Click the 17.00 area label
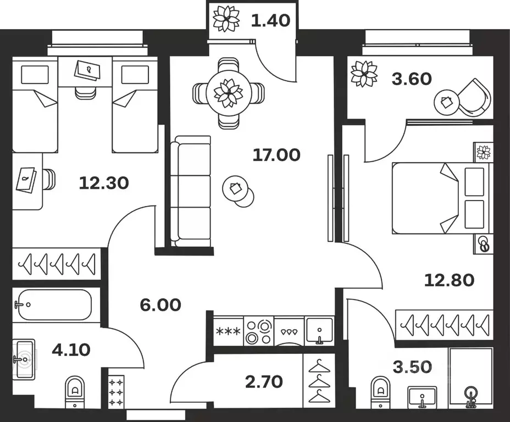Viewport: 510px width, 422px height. pyautogui.click(x=276, y=156)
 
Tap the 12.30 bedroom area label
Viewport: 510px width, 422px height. pyautogui.click(x=104, y=182)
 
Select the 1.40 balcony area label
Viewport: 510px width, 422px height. pyautogui.click(x=270, y=21)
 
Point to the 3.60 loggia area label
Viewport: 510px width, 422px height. pyautogui.click(x=412, y=79)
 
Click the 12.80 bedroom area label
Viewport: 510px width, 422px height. pyautogui.click(x=449, y=280)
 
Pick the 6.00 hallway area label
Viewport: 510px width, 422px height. pyautogui.click(x=160, y=304)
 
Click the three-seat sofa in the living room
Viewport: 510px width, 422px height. pyautogui.click(x=190, y=191)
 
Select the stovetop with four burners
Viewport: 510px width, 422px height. pyautogui.click(x=258, y=331)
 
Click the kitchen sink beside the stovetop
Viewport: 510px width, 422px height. pyautogui.click(x=319, y=331)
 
